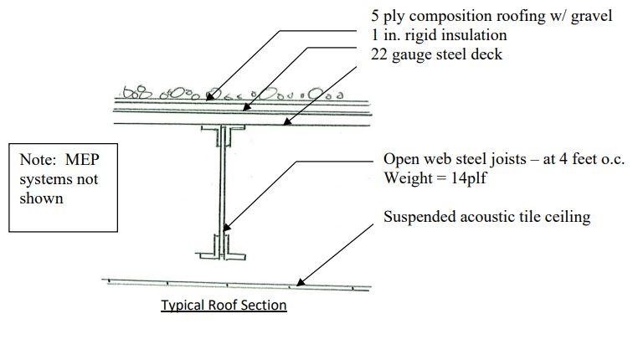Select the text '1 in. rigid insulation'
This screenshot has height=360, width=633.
439,35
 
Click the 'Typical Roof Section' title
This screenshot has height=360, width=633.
224,306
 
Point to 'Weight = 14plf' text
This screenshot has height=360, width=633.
434,178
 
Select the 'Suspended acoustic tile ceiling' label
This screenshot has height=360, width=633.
486,217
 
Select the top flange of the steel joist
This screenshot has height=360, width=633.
222,128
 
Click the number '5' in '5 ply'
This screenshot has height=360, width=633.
376,17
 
